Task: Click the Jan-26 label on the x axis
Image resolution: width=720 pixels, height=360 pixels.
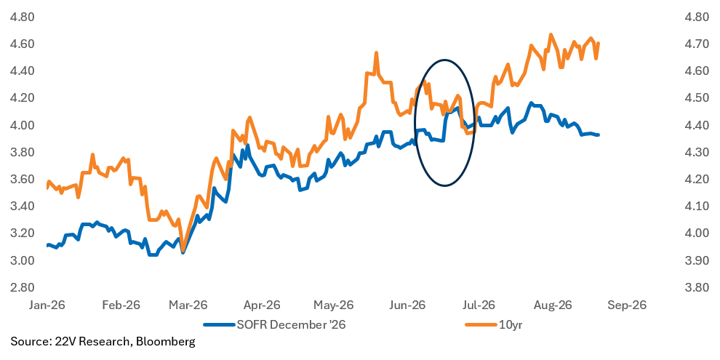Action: pos(48,305)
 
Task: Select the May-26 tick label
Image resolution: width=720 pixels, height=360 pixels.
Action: pos(333,305)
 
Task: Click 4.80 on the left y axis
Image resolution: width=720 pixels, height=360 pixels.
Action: pos(22,17)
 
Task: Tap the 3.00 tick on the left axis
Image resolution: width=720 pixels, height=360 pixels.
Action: pos(22,260)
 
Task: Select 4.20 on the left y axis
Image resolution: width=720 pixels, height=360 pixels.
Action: pos(22,97)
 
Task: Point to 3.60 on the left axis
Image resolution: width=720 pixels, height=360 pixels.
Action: pos(22,179)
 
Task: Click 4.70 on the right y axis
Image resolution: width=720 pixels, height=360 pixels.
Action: pos(697,44)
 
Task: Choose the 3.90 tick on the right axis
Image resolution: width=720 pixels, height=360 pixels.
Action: pos(697,260)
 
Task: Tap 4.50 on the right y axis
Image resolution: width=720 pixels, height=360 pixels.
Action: pos(697,97)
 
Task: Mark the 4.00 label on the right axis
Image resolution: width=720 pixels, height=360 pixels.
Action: pos(697,233)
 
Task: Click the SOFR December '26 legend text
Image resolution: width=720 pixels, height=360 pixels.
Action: pos(291,324)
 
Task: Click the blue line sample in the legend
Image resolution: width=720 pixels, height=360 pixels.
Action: pos(219,324)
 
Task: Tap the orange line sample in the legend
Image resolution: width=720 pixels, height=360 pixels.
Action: pos(481,324)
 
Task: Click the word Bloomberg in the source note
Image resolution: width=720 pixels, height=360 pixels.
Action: pos(165,342)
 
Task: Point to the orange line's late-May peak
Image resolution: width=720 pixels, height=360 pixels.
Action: pos(376,53)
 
